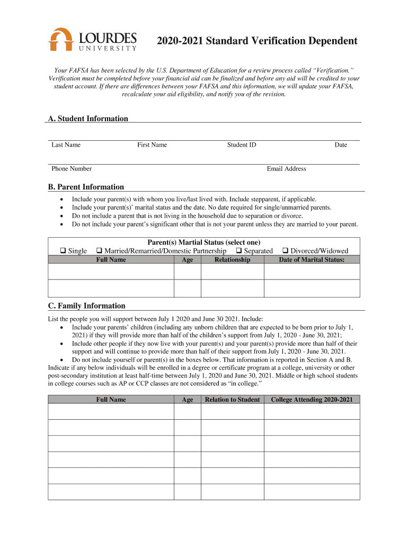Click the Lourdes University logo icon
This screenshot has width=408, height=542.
tap(60, 39)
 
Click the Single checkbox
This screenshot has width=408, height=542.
tap(63, 251)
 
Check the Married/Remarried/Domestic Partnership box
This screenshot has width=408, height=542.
tap(99, 251)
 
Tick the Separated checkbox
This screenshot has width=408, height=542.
tap(239, 251)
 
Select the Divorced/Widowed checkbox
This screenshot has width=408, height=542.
tap(286, 251)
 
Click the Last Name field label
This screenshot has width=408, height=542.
tap(66, 145)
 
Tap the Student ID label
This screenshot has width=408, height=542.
tap(241, 145)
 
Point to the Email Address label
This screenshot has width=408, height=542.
tap(286, 169)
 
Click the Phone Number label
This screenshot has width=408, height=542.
tap(72, 169)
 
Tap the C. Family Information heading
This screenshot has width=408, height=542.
tap(86, 306)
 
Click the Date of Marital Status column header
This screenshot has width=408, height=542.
tap(312, 260)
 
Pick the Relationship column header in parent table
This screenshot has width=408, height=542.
tap(232, 260)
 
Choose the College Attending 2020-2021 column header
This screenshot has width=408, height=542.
tap(312, 400)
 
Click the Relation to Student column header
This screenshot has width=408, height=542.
tap(232, 400)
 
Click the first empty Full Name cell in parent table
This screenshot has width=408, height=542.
tap(111, 272)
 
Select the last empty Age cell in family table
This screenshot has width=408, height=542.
tap(187, 492)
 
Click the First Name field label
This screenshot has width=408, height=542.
tap(152, 145)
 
